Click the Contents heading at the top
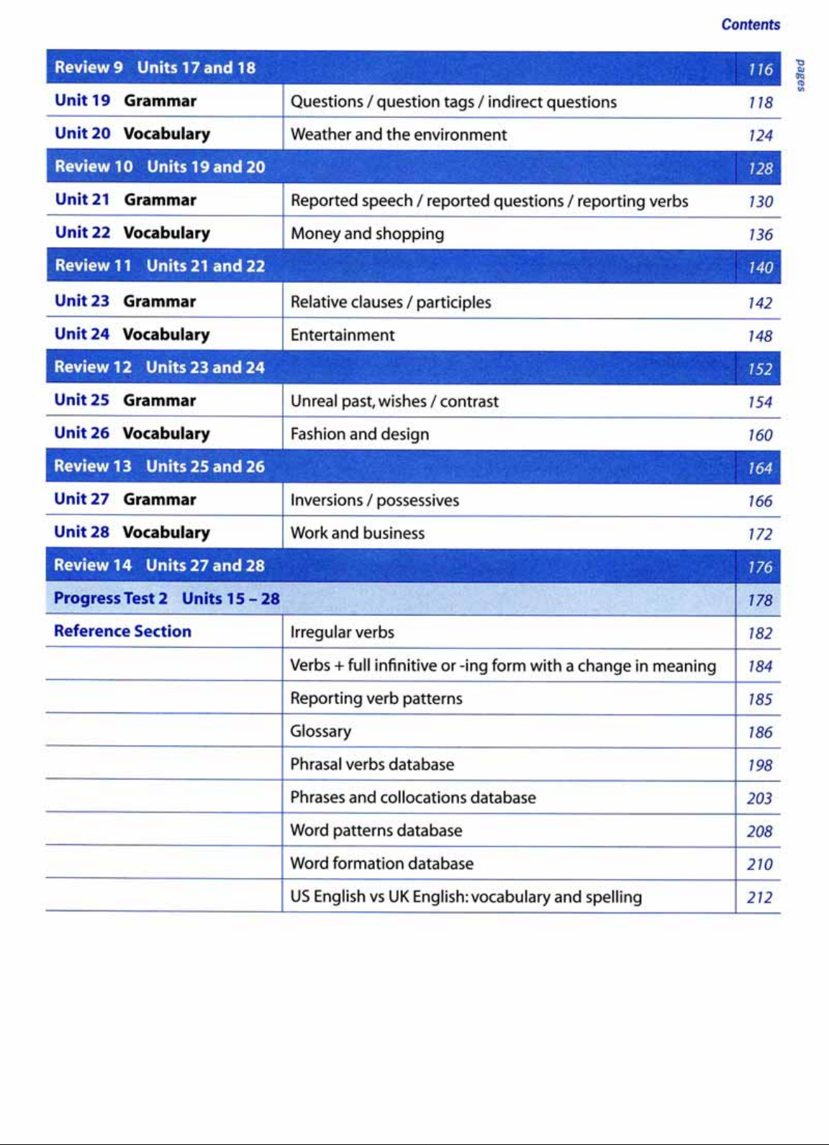751,24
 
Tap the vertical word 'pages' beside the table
800,75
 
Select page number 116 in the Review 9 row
760,70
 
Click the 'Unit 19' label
82,101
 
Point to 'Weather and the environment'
399,135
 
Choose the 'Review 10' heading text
94,167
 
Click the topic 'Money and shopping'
367,234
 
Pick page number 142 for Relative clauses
759,303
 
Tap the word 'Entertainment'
343,335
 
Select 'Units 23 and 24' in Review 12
205,368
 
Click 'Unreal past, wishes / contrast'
394,402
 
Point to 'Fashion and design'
360,435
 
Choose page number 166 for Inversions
759,502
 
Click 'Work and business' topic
358,533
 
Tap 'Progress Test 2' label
111,599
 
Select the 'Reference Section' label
123,632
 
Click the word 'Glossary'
321,732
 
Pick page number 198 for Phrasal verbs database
759,766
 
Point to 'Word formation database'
382,864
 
